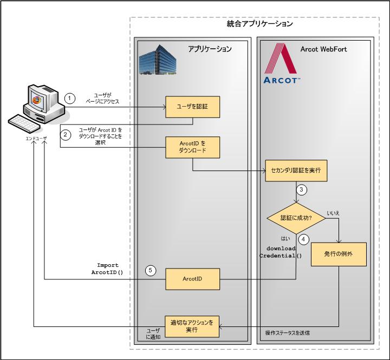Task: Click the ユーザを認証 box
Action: coord(192,107)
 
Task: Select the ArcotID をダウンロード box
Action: coord(192,147)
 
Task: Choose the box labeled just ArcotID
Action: coord(192,279)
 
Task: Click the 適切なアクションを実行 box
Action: coord(192,326)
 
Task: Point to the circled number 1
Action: coord(69,98)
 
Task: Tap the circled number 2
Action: coord(65,135)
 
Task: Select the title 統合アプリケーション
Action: coord(259,24)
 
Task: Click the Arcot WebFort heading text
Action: coord(324,49)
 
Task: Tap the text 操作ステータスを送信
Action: coord(290,332)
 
